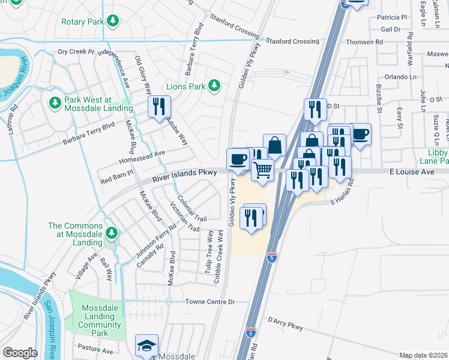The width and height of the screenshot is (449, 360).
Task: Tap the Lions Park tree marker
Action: (214, 86)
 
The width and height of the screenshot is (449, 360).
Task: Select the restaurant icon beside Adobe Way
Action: (160, 107)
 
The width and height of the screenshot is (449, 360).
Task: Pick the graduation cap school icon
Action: (146, 345)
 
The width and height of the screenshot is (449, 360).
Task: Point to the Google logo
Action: (20, 353)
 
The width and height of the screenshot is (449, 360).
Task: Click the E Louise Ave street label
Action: (411, 172)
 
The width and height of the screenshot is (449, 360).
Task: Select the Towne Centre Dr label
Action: (209, 301)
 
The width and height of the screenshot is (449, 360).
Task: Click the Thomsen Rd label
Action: (365, 42)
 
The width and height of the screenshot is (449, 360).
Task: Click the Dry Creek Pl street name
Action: (76, 52)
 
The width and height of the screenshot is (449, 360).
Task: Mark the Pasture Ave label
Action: (95, 350)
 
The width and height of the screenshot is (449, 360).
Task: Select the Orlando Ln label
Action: (400, 77)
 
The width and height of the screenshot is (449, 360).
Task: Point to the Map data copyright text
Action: (424, 355)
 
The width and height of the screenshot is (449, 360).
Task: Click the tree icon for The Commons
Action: (110, 232)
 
